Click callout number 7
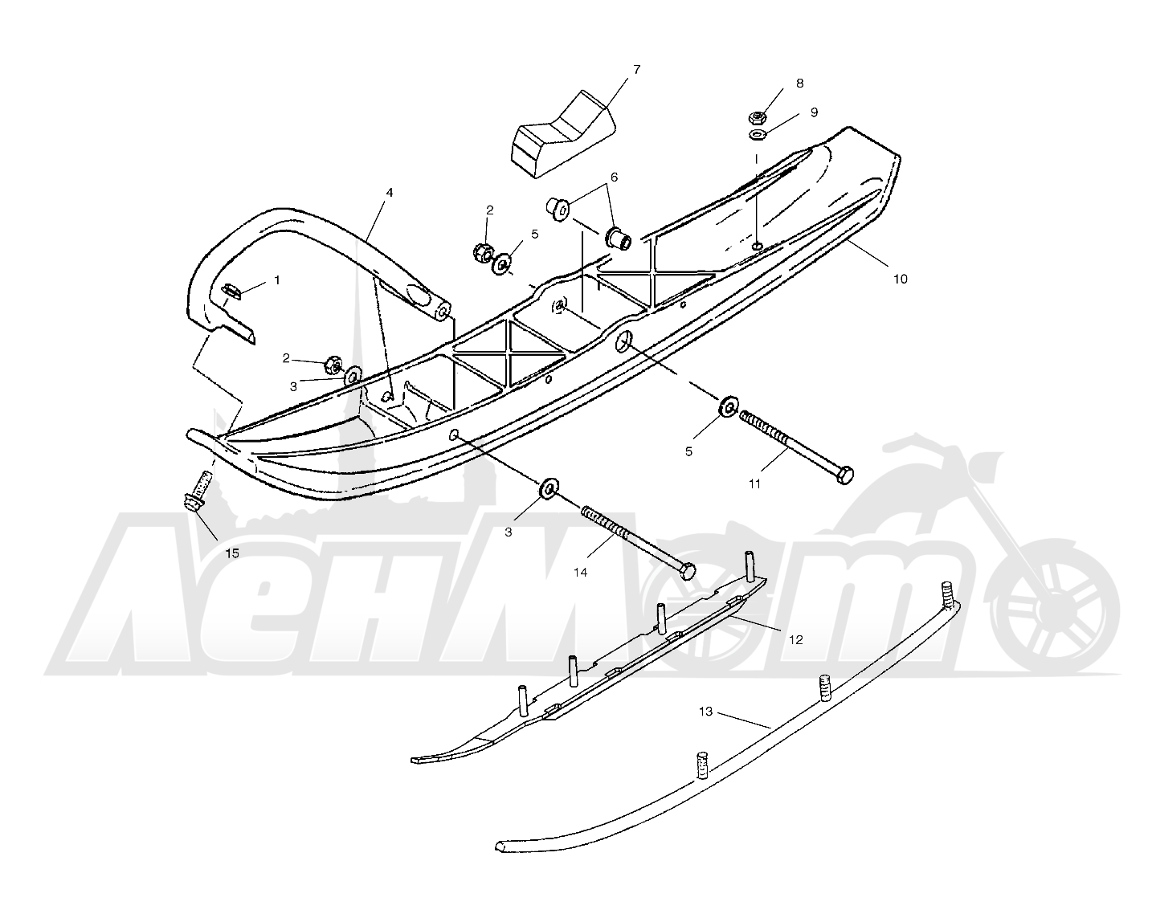pos(636,70)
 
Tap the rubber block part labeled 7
pos(563,134)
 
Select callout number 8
pos(800,84)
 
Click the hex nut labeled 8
pos(757,116)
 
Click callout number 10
pos(901,279)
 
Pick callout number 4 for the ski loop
pos(389,193)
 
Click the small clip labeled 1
pos(231,291)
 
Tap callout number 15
pos(232,553)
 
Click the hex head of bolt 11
pos(844,475)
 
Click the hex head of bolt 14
pos(686,571)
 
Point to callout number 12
pos(796,640)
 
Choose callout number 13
pos(706,712)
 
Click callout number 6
pos(614,177)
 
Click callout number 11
pos(754,484)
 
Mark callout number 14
pos(580,573)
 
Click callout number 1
pos(277,279)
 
